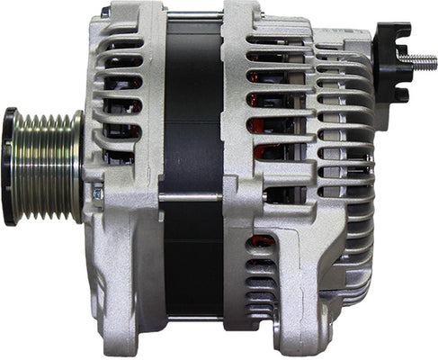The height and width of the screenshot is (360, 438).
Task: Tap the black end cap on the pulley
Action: point(10,166)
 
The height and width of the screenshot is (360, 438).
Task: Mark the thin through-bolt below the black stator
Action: point(191,318)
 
